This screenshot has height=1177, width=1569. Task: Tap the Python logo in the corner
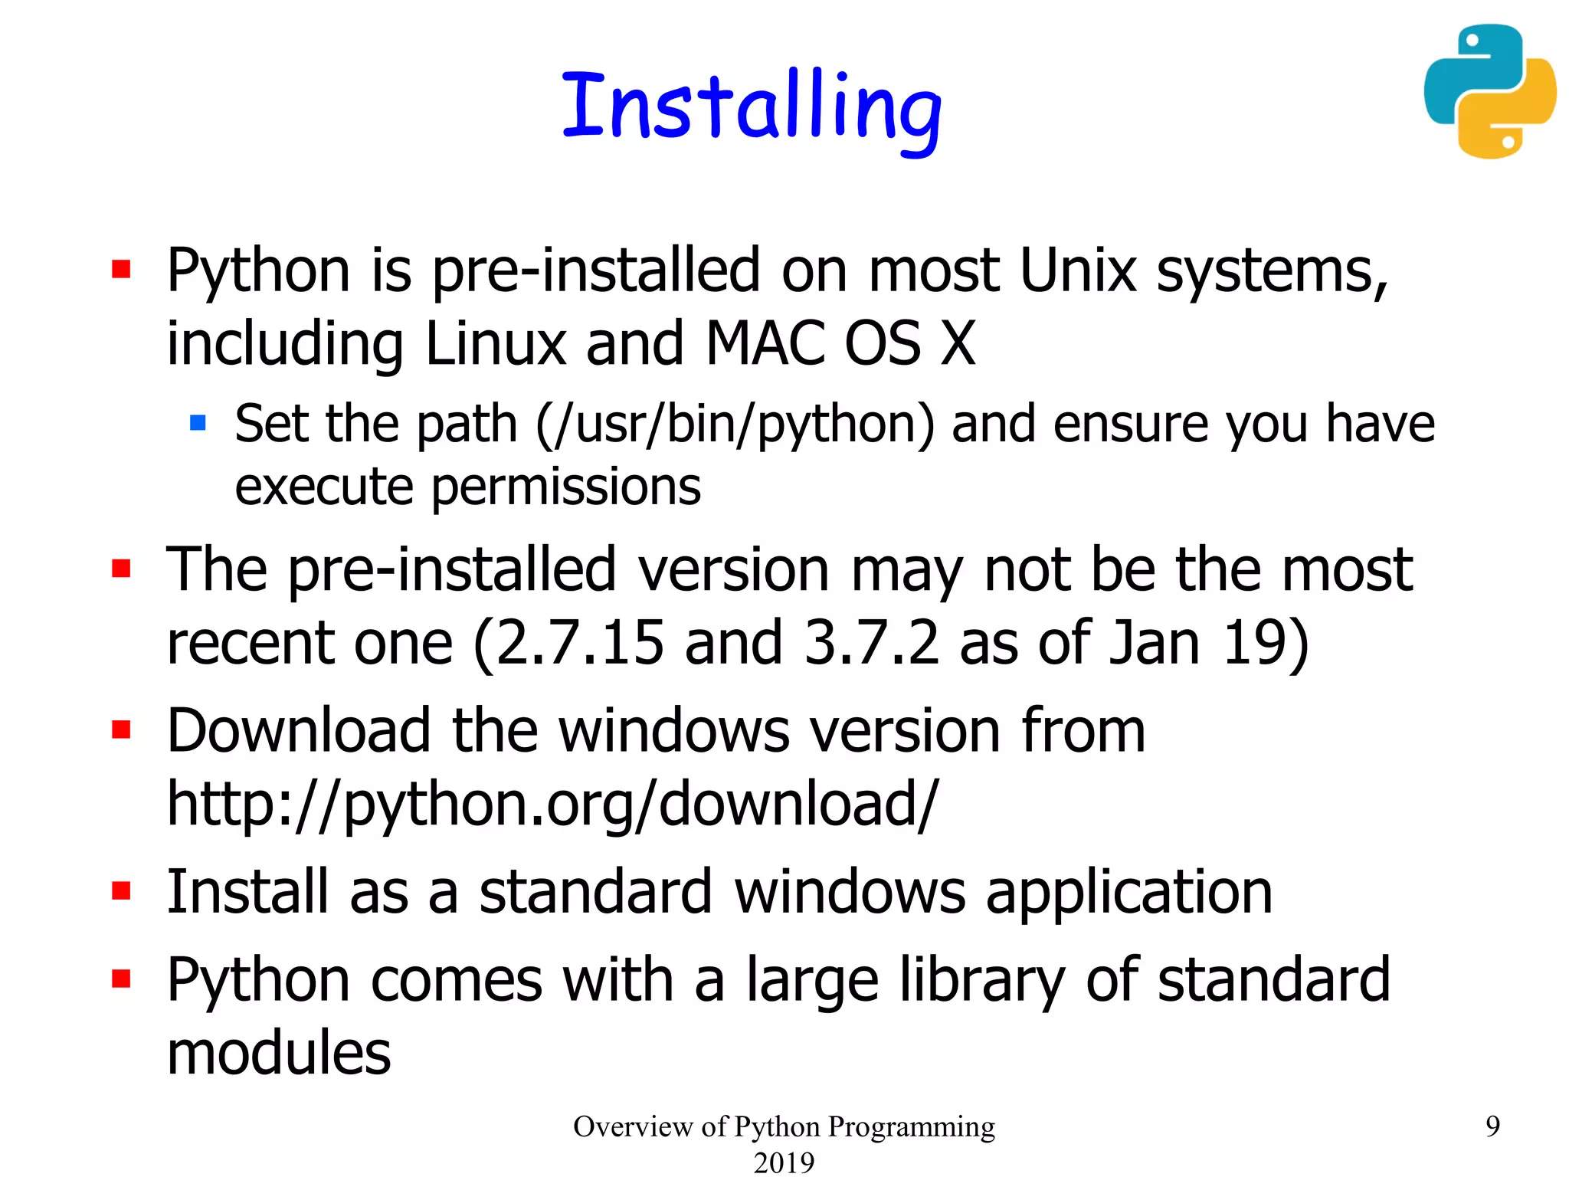1489,91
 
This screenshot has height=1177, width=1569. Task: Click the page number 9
1492,1126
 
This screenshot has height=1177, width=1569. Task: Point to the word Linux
495,343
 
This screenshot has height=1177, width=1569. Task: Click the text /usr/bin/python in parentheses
735,424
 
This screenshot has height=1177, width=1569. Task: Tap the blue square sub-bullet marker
198,422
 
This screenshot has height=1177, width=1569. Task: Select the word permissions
566,487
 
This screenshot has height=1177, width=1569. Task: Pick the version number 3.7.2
871,642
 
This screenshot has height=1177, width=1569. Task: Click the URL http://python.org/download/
552,805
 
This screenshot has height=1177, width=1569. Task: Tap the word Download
299,730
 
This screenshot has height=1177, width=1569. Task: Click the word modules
279,1053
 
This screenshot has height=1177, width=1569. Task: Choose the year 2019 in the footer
784,1162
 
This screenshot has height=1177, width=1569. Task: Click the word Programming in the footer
911,1126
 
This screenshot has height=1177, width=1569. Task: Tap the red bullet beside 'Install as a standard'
121,890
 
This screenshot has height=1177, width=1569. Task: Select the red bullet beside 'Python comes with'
121,979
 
